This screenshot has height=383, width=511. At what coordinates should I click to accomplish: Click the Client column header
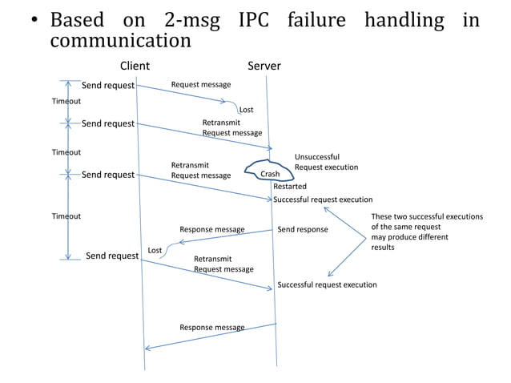click(135, 66)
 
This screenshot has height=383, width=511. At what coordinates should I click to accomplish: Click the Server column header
click(264, 66)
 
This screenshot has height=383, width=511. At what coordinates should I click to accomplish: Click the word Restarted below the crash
click(290, 186)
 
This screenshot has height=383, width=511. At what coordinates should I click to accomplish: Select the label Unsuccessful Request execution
click(326, 162)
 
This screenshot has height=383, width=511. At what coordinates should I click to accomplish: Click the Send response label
click(302, 229)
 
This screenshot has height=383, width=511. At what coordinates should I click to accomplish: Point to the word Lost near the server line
click(247, 110)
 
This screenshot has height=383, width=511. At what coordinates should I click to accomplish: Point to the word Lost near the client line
click(155, 251)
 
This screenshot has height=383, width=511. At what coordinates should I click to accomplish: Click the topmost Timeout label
click(66, 101)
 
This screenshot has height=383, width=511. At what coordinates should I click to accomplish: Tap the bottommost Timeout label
click(66, 216)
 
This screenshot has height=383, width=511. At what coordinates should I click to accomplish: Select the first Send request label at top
click(108, 85)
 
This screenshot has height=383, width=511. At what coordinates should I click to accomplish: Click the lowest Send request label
click(112, 256)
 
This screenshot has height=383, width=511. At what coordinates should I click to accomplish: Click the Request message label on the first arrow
click(201, 84)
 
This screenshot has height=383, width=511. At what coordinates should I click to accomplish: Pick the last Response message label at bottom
click(211, 327)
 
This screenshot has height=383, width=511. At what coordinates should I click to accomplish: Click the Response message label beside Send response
click(211, 229)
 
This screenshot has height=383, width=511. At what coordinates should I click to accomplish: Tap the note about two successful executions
click(426, 232)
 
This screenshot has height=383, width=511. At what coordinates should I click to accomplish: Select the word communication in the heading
click(120, 40)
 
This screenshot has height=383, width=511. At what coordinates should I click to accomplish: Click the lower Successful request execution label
click(327, 284)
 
